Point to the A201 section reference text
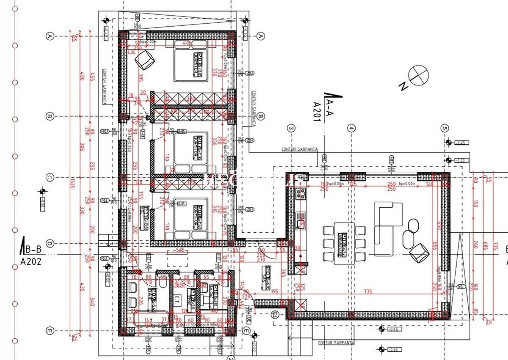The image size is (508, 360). coord(316,111)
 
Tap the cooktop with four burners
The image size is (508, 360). coord(301,194)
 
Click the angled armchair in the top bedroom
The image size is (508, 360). coord(144,60)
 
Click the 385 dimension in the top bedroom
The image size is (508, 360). coord(141,78)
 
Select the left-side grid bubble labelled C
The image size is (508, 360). coord(50,177)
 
